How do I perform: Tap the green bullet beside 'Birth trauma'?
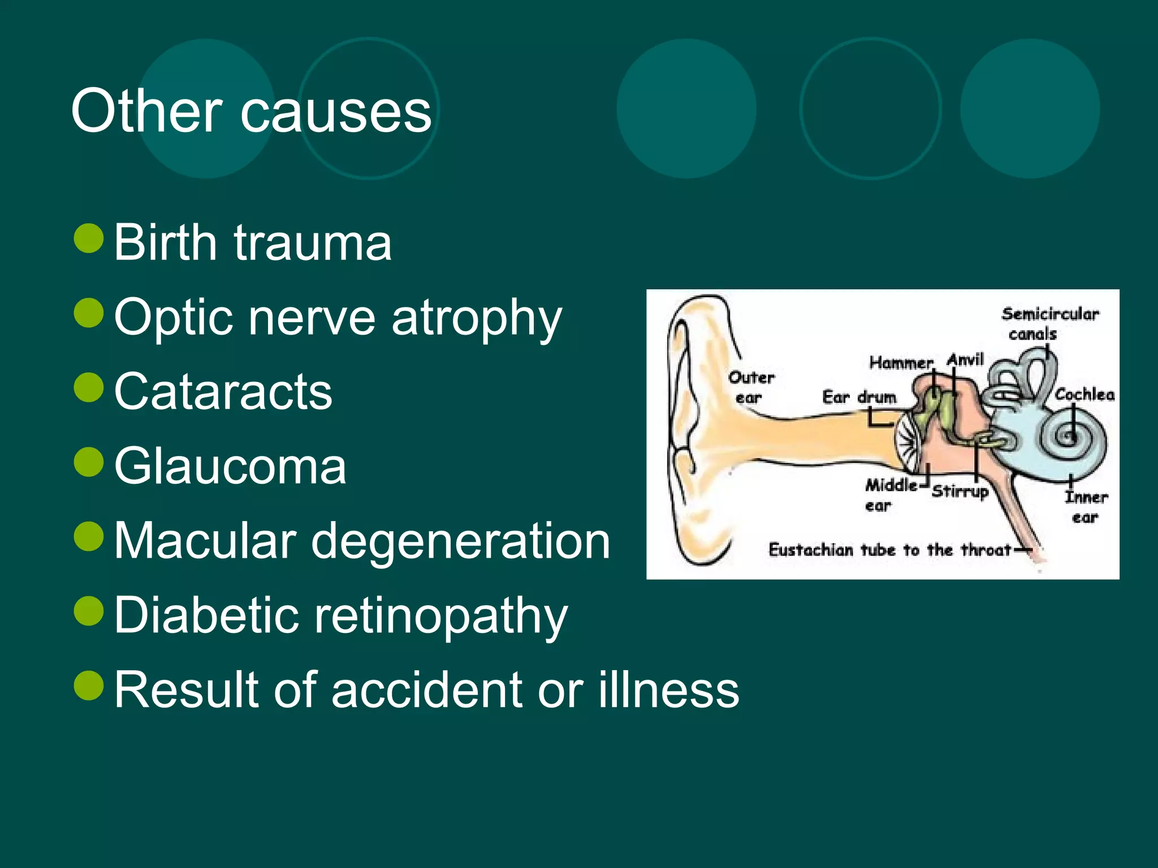coord(89,238)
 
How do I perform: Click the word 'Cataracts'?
coord(223,391)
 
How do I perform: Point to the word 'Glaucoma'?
coord(230,466)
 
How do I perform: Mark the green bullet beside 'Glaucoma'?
coord(89,462)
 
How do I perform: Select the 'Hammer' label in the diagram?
coord(901,362)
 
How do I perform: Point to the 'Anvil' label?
coord(966,359)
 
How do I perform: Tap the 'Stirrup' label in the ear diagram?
coord(960,491)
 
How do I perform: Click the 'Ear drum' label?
coord(859,397)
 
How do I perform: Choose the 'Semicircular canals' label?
coord(1049,323)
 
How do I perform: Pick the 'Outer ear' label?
coord(750,387)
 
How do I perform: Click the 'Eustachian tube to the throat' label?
coord(889,550)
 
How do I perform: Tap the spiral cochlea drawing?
coord(1068,436)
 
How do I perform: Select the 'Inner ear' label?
coord(1086,507)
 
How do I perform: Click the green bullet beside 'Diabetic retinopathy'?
coord(89,611)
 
